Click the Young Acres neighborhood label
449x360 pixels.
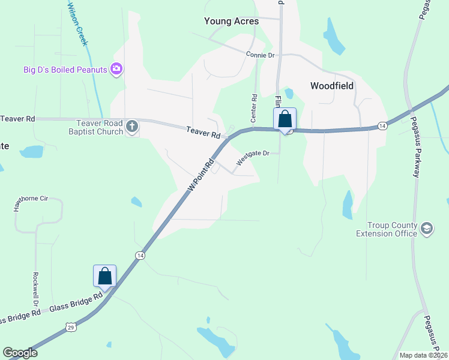[231, 21]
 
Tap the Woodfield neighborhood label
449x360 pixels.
[331, 86]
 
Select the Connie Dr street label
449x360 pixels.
[260, 55]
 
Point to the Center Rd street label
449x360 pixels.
[254, 105]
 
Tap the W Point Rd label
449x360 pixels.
[200, 175]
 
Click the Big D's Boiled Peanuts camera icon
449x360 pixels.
[116, 70]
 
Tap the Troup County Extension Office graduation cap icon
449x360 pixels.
[426, 229]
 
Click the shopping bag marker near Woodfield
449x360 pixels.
[285, 119]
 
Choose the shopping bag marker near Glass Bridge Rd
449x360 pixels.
[104, 276]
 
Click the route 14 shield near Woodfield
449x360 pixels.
[382, 125]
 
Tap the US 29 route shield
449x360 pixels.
[71, 326]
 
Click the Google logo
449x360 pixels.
[20, 353]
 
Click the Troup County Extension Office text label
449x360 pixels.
[387, 229]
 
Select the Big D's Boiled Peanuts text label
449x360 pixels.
[65, 70]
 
